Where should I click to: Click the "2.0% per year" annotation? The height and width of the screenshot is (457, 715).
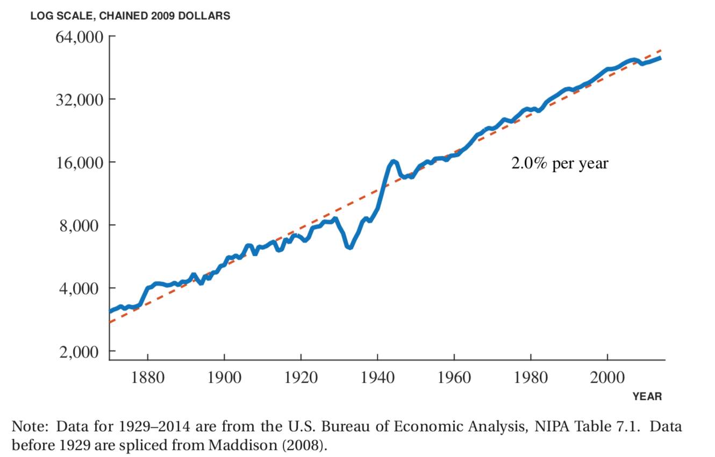(x=559, y=163)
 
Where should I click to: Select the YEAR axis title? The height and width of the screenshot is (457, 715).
(x=647, y=397)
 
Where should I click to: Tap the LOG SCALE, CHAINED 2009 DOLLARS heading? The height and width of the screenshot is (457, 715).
(x=130, y=16)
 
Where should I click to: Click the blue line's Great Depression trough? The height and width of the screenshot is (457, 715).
(x=349, y=247)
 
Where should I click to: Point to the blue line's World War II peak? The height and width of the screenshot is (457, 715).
(x=393, y=161)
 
